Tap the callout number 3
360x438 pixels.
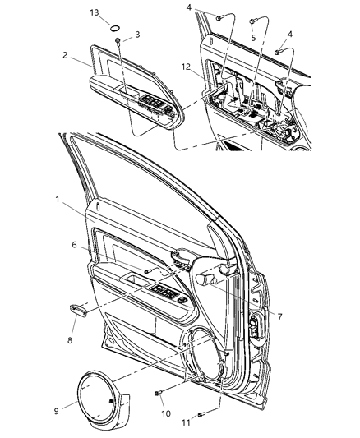click(136, 35)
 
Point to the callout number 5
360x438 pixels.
click(253, 38)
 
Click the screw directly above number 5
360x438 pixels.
click(252, 21)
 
